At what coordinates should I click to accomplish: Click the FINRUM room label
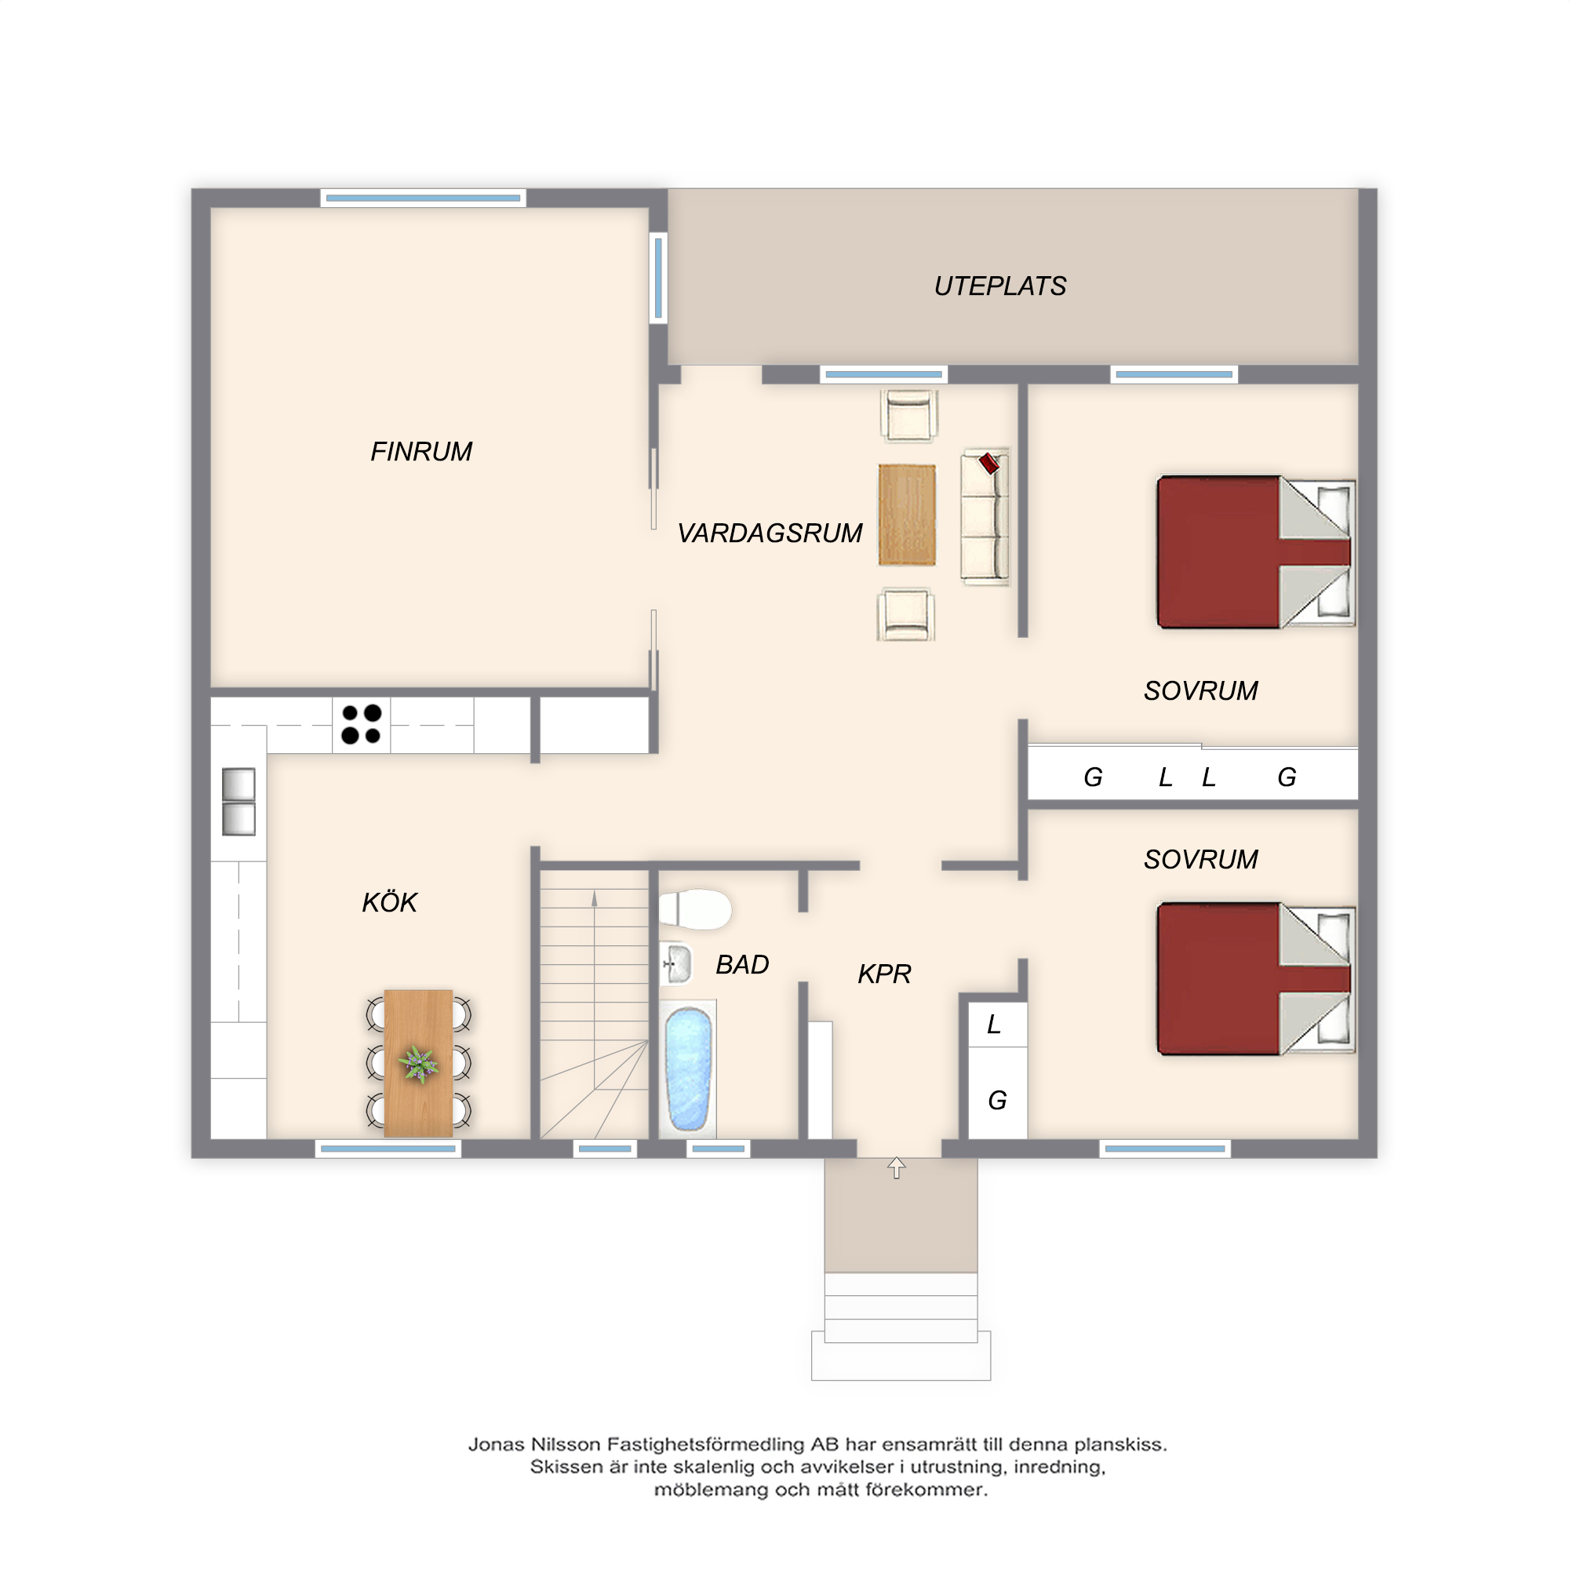coord(420,452)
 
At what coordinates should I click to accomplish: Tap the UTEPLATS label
coord(999,286)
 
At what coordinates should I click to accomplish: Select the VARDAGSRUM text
coord(769,533)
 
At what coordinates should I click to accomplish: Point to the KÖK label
coord(389,901)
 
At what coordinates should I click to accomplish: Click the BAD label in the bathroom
coord(741,964)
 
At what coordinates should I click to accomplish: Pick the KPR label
coord(884,973)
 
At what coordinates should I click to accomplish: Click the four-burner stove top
coord(362,724)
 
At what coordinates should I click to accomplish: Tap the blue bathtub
coord(688,1068)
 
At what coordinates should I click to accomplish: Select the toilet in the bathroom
coord(695,909)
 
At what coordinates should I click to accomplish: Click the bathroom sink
coord(675,964)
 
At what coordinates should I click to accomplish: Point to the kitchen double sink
coord(238,802)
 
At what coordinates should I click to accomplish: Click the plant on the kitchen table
coord(418,1063)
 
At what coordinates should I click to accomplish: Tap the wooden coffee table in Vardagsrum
coord(907,515)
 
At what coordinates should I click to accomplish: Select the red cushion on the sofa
coord(989,463)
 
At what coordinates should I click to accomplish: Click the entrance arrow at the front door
coord(897,1168)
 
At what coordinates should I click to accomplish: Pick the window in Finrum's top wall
coord(423,198)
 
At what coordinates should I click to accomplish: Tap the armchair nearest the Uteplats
coord(908,416)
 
